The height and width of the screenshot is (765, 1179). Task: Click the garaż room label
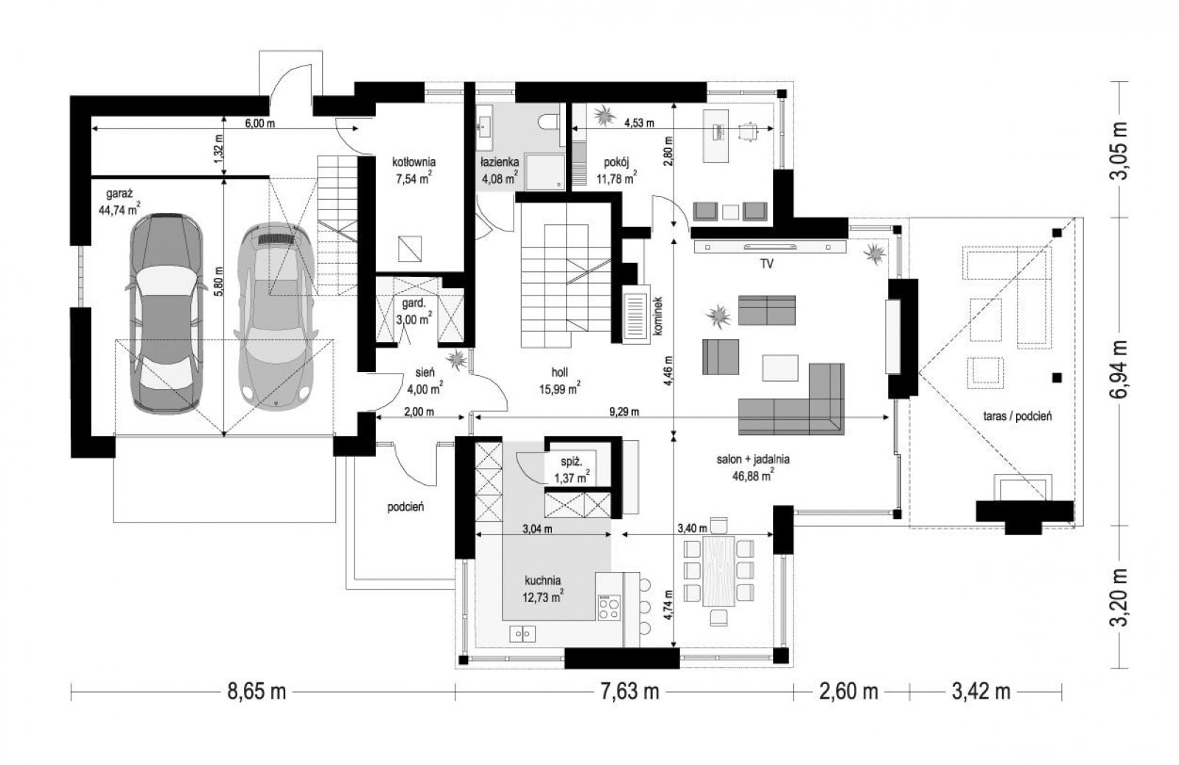[119, 195]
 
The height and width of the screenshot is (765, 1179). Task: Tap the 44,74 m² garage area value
[119, 210]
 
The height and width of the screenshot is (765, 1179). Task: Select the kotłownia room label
[413, 162]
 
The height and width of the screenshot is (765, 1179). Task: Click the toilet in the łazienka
[548, 122]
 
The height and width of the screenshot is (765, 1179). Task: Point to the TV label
[766, 265]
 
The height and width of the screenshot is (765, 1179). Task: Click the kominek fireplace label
[657, 316]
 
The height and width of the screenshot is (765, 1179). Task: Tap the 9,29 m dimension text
[624, 412]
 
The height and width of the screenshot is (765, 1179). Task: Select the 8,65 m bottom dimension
[256, 691]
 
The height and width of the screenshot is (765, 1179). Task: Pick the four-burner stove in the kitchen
[609, 607]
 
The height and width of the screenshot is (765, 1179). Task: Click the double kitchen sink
[522, 634]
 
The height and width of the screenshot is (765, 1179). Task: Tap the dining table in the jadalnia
[718, 571]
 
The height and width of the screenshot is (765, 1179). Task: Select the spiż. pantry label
[571, 462]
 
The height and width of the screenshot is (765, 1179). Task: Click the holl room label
[559, 373]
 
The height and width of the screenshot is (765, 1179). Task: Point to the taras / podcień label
[1018, 416]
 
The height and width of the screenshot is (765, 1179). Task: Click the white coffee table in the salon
[780, 368]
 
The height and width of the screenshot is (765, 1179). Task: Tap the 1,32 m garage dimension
[219, 148]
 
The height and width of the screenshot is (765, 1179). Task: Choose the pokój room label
[616, 162]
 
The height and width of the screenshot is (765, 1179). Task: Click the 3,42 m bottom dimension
[981, 691]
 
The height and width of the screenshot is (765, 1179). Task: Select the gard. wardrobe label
[413, 304]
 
